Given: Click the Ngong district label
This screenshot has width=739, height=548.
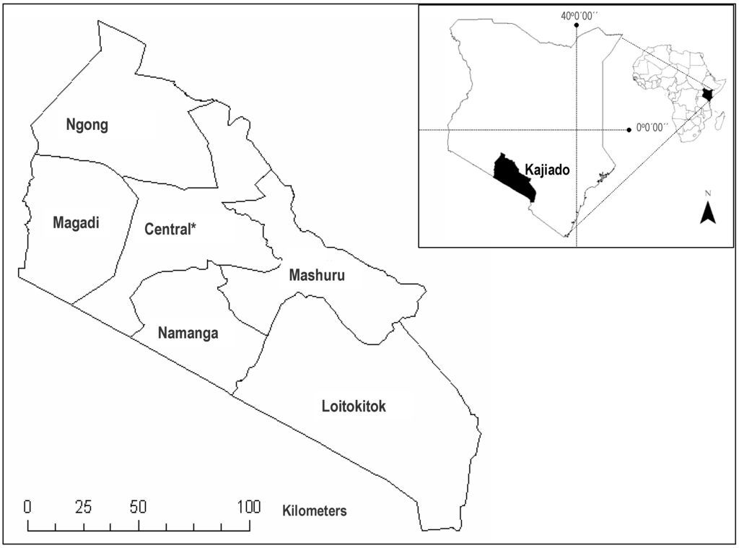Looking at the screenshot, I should tap(87, 125).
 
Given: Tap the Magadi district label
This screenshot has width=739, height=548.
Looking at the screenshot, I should tap(75, 222).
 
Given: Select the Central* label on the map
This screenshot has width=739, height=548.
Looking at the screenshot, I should tap(171, 230).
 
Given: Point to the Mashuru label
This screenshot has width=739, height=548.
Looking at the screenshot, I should tap(317, 275).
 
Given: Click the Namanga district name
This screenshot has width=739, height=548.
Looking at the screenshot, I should tap(188, 334).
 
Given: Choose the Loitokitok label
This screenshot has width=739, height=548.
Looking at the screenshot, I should tap(354, 406).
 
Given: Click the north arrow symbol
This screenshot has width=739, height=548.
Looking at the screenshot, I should tap(708, 213).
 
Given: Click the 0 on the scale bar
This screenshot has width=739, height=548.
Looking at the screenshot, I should tap(28, 506).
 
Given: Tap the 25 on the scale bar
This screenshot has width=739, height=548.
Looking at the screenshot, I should tap(84, 506).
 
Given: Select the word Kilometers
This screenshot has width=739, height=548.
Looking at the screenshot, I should tap(315, 511).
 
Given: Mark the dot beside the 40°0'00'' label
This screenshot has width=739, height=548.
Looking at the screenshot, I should tap(576, 25).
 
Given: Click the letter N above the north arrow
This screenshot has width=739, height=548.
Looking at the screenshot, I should tap(708, 193).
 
